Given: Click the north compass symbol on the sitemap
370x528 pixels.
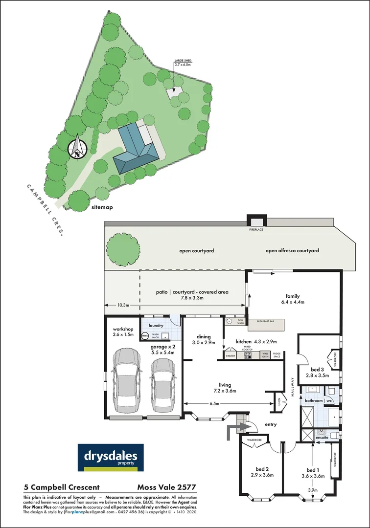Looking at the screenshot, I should click(x=77, y=148).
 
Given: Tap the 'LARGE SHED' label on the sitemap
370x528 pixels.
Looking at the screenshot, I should click(x=182, y=61).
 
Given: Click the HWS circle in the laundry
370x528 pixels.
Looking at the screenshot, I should click(x=145, y=336).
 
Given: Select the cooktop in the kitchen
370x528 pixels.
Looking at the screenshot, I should click(x=248, y=356).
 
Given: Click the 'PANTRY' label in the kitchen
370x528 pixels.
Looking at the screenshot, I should click(x=231, y=356).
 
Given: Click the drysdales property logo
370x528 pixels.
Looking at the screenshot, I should click(x=111, y=458).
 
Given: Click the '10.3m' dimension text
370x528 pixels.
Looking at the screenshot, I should click(x=123, y=305).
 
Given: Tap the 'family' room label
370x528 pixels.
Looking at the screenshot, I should click(x=293, y=296).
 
